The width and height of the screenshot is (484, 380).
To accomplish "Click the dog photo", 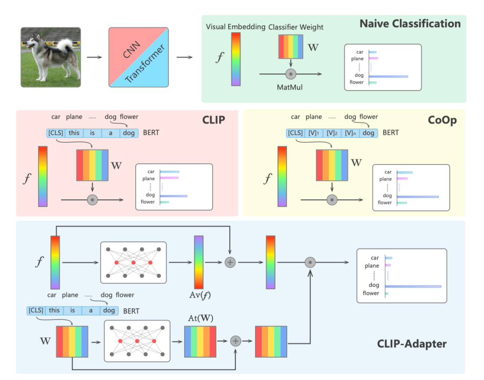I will [50, 56].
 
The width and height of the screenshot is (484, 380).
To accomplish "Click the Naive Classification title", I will [410, 24].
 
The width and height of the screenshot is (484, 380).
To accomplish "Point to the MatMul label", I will [290, 87].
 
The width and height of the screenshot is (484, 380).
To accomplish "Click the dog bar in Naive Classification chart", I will [388, 76].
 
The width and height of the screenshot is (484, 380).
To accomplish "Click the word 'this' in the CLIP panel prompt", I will [74, 133].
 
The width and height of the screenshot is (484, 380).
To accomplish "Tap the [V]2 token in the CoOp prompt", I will [332, 133].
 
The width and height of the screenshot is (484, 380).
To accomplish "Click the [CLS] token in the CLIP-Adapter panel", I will [35, 310].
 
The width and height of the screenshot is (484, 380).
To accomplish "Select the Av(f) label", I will [199, 295].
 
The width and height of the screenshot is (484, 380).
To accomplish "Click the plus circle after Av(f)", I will [229, 263].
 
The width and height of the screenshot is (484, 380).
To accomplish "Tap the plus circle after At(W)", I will [236, 341].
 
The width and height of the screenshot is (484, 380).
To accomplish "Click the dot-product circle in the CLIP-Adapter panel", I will [310, 263].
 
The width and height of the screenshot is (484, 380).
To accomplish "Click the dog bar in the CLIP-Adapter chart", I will [413, 286].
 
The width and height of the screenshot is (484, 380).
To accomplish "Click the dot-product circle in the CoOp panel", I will [332, 200].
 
